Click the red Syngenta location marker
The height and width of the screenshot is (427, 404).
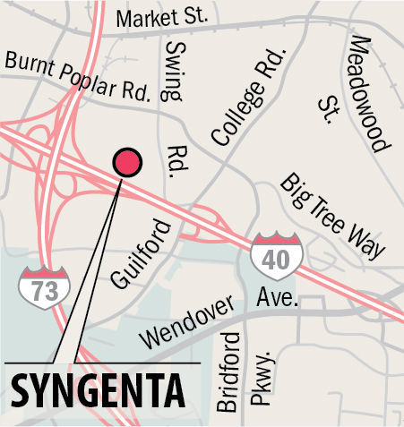[128, 162]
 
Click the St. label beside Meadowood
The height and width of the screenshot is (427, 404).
[327, 105]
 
